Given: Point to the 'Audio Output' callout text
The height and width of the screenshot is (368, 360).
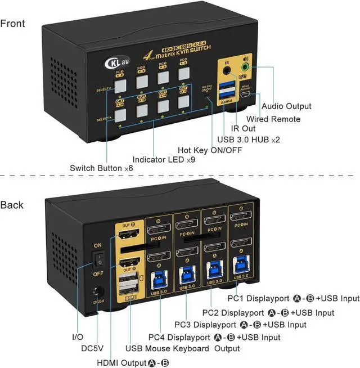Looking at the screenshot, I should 286,106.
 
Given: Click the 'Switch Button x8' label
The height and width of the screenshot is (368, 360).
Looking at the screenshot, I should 96,168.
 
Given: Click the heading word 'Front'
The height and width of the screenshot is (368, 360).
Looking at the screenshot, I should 13,24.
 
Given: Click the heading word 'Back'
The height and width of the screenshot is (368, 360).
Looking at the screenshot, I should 12,205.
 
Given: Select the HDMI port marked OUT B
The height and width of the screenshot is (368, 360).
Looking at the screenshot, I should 130,235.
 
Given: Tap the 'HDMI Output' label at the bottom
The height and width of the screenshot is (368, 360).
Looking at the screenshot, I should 125,363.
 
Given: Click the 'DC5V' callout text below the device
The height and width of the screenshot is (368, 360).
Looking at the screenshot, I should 92,349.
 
